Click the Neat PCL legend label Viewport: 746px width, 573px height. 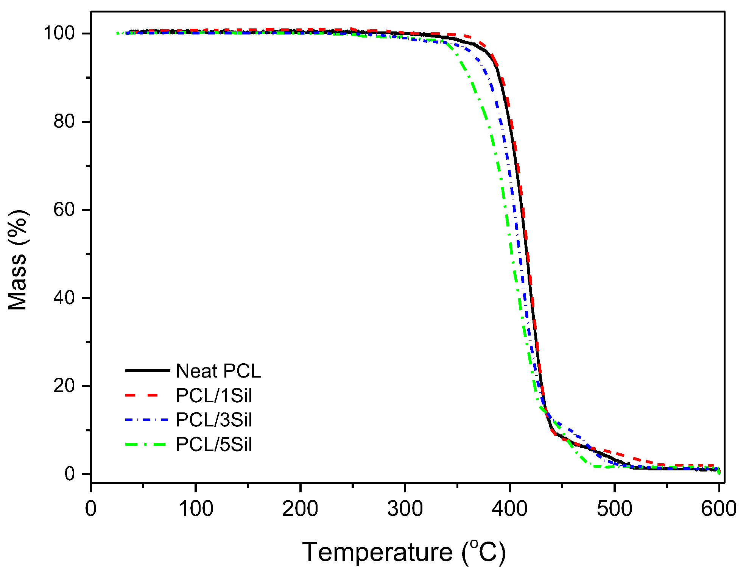pos(218,371)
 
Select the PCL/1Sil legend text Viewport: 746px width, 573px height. pos(214,395)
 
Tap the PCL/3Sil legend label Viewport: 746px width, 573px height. pos(214,420)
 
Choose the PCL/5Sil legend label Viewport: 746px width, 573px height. pos(214,444)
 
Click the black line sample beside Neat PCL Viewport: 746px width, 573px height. pos(148,370)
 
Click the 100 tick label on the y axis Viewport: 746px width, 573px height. pos(59,33)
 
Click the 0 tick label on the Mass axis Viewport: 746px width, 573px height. pos(70,474)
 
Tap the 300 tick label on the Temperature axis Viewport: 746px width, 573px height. pos(405,509)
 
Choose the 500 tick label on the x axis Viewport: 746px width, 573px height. pos(615,509)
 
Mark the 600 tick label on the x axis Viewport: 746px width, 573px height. pos(718,509)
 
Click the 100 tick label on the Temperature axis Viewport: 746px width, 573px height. pos(196,509)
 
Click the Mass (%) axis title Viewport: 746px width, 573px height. pos(18,260)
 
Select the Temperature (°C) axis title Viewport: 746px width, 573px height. pos(404,552)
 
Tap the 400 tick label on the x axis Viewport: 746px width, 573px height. pos(510,509)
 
